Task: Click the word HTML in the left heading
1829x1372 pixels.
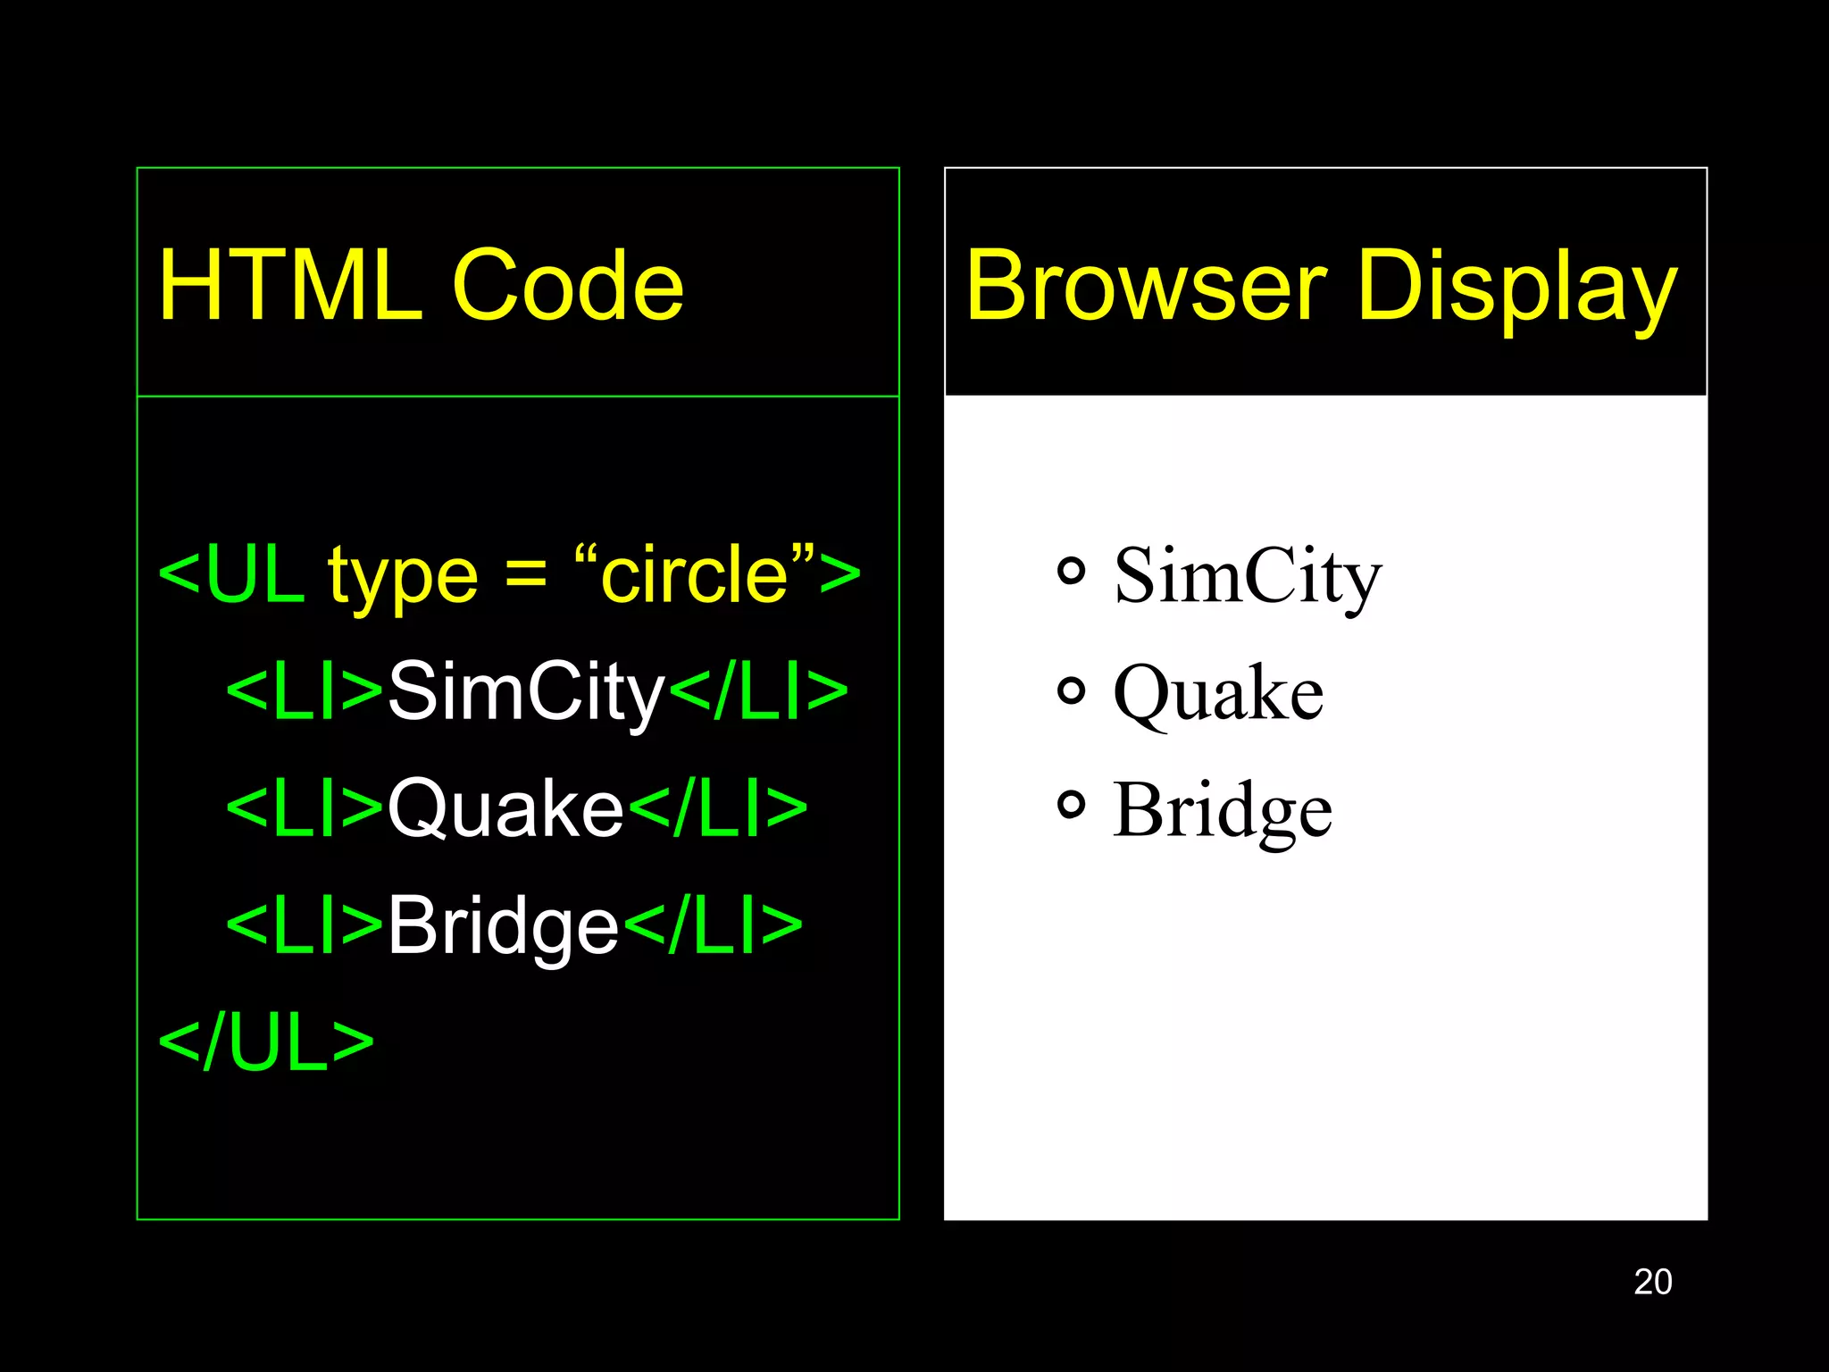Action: [x=289, y=286]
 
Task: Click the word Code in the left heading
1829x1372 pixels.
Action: [x=568, y=286]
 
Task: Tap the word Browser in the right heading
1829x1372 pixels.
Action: [x=1146, y=286]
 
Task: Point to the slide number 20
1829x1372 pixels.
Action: [x=1652, y=1282]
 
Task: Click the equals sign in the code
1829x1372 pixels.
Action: [x=526, y=574]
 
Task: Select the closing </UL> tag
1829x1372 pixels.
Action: [x=266, y=1042]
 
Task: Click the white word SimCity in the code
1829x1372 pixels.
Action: [x=527, y=693]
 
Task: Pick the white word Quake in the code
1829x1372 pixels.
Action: [x=505, y=809]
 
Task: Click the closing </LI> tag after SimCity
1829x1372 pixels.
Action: [x=758, y=691]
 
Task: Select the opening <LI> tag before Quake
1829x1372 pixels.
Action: [x=305, y=808]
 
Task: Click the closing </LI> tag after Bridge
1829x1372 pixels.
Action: [x=713, y=925]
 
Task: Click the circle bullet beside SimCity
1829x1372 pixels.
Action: [x=1071, y=571]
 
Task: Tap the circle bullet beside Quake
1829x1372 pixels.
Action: [x=1071, y=690]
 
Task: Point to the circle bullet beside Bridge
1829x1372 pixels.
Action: [x=1071, y=806]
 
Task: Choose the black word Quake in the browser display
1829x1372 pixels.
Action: [x=1218, y=695]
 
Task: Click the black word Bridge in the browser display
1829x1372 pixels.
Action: [x=1223, y=811]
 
